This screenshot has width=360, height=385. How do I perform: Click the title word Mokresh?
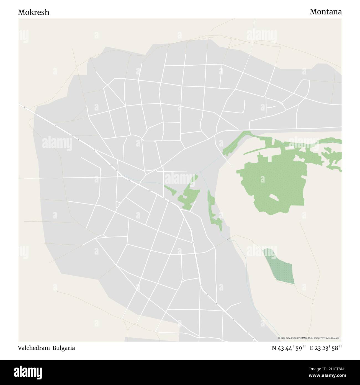click(34, 12)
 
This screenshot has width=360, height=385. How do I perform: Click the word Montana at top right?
click(325, 12)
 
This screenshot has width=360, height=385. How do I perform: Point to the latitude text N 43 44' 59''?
click(289, 348)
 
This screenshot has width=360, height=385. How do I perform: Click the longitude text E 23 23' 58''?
click(326, 348)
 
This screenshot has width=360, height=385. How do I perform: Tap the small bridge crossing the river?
click(229, 238)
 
